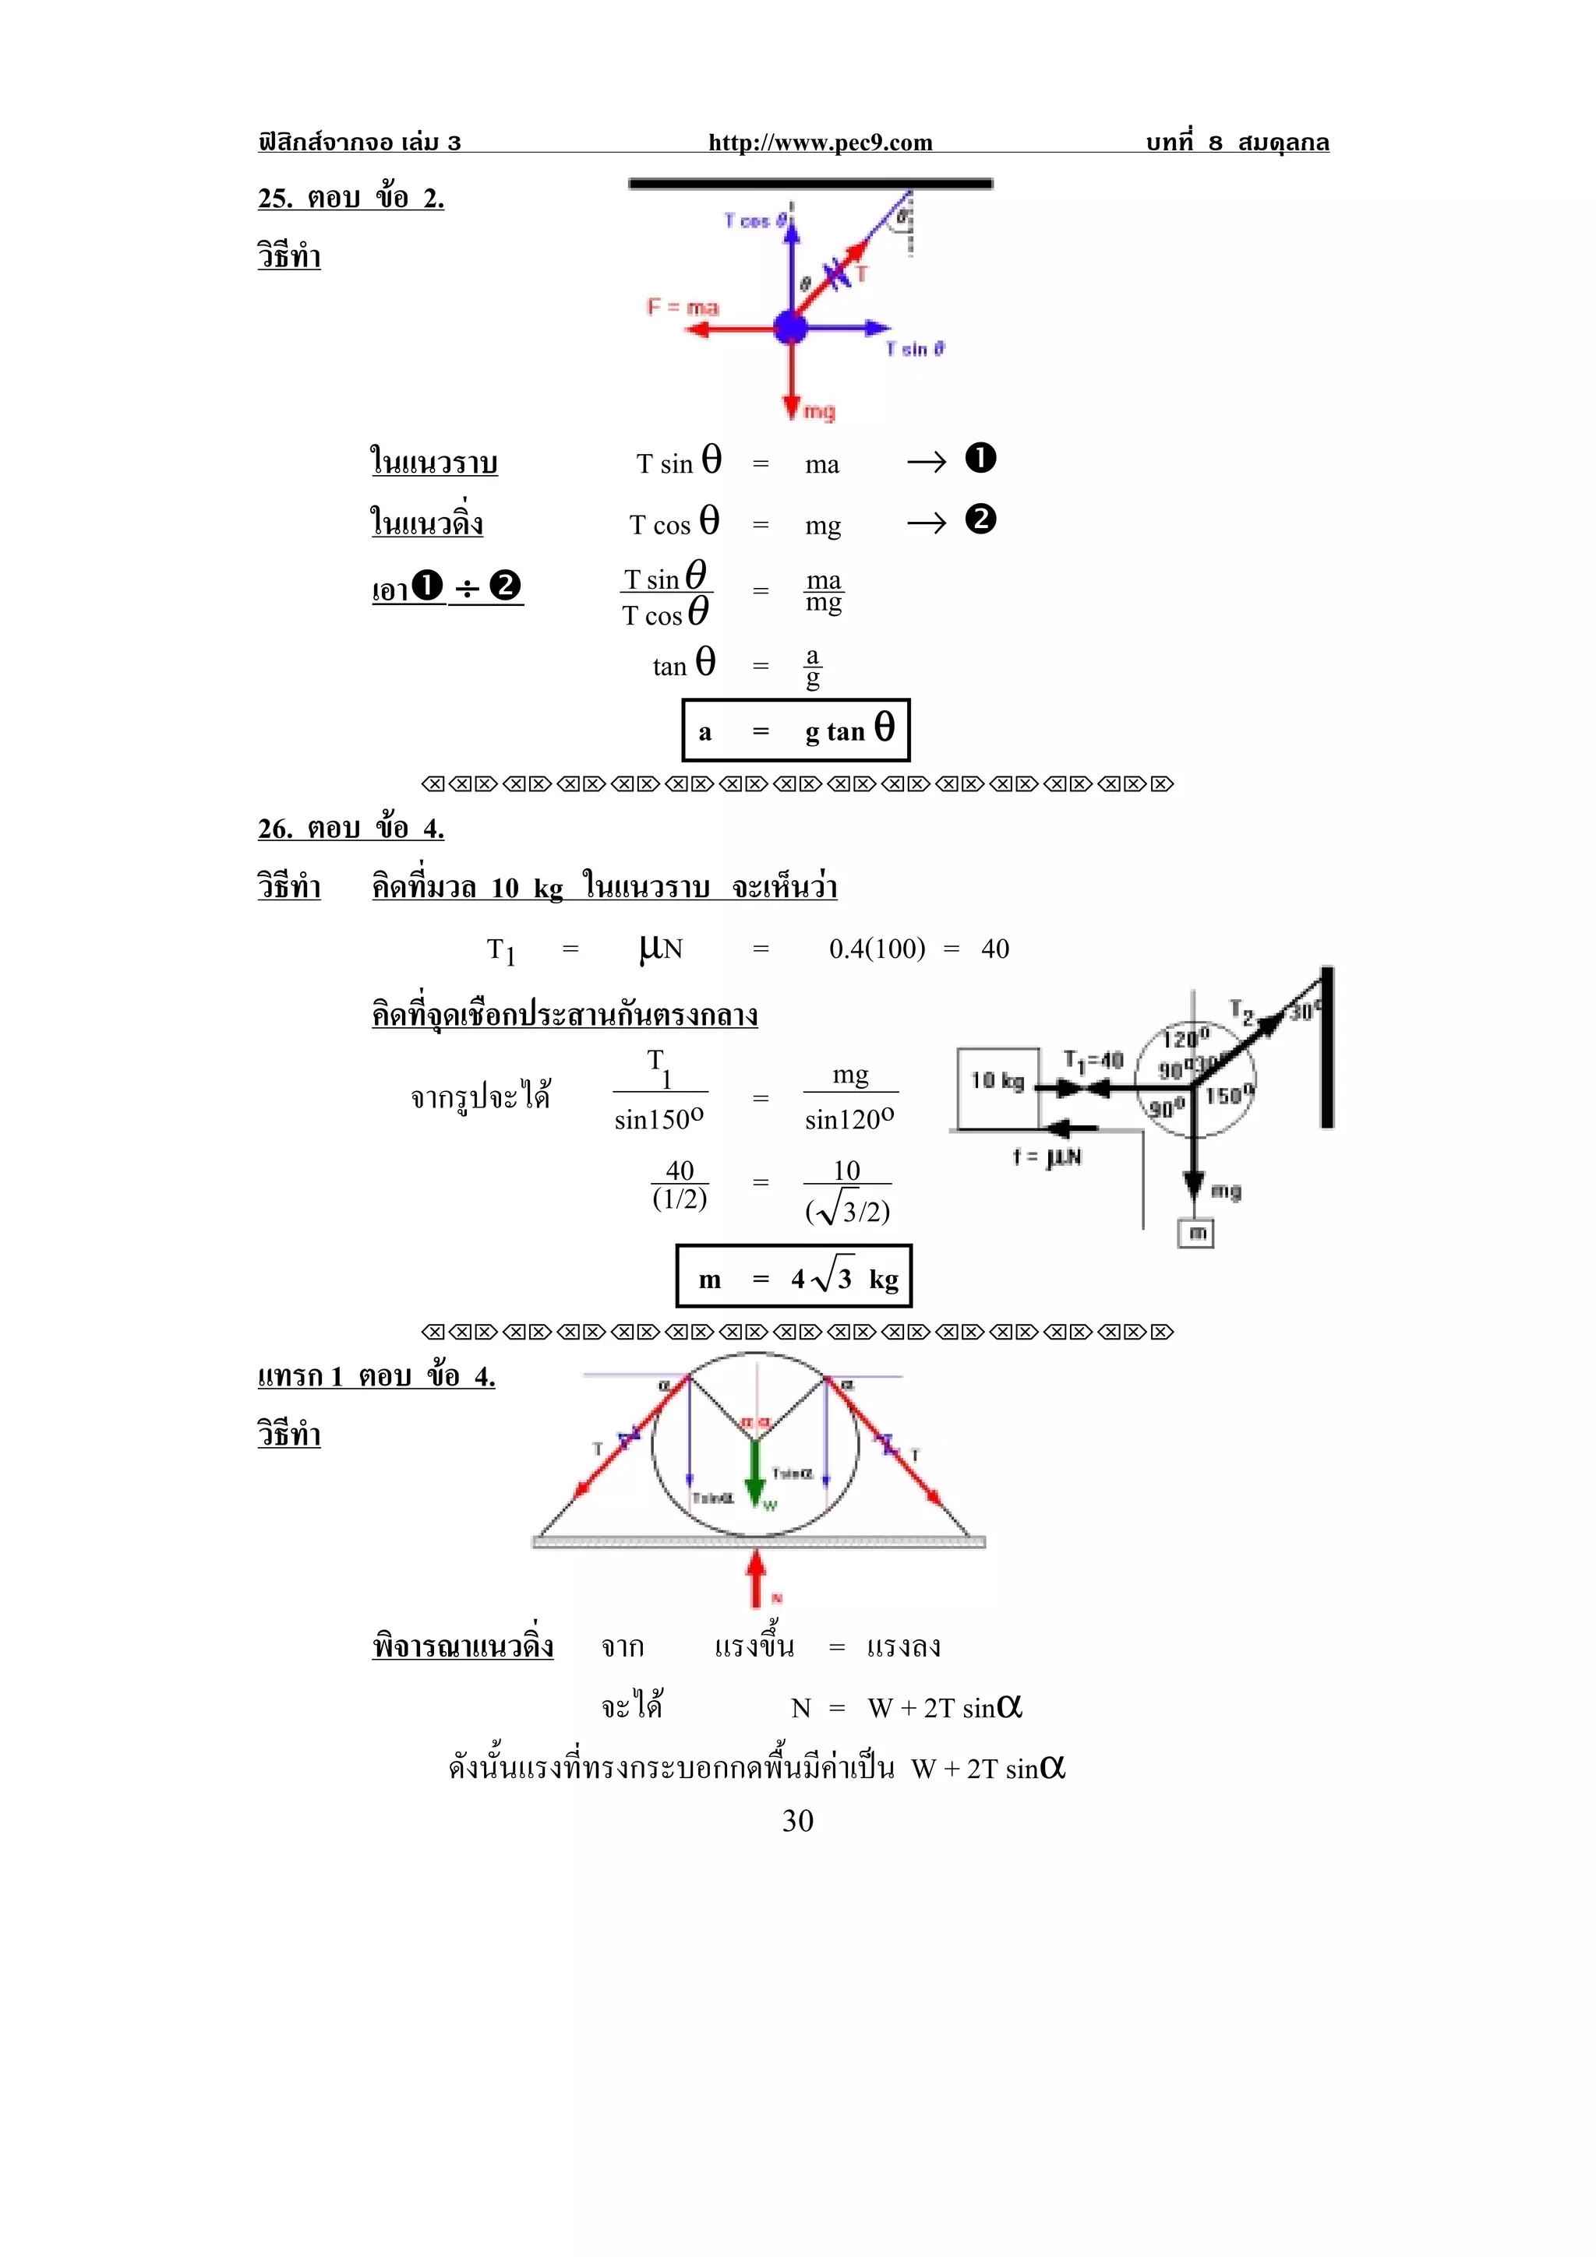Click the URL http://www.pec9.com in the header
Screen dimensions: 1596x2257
(x=820, y=143)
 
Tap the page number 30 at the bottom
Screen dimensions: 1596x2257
(x=797, y=1821)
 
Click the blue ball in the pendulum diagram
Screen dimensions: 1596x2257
(x=791, y=327)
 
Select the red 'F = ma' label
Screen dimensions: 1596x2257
(x=683, y=307)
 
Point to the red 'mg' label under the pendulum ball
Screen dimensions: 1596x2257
(x=819, y=411)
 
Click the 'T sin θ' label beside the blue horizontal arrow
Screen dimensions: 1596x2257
(x=915, y=349)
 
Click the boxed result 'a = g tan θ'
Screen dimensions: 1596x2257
(x=796, y=731)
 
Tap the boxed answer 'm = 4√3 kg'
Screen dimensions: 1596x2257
(x=793, y=1277)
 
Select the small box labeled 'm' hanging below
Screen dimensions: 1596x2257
(x=1195, y=1233)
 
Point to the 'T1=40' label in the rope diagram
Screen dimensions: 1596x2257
(x=1093, y=1060)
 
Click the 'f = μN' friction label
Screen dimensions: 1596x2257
(x=1047, y=1157)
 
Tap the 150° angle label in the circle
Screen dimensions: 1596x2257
(x=1229, y=1095)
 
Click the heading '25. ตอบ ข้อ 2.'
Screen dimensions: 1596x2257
(x=351, y=199)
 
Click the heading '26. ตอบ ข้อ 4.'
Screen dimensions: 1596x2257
(x=351, y=829)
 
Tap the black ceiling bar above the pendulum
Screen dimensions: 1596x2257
(x=810, y=184)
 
